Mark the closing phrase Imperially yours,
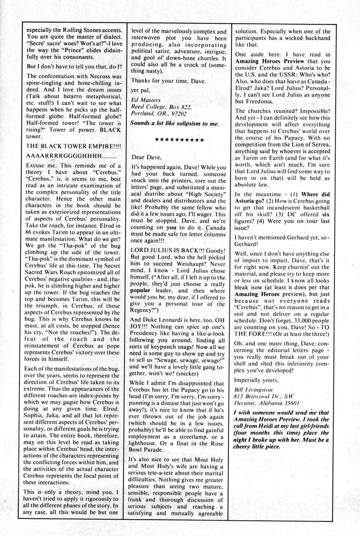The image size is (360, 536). coord(257,380)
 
